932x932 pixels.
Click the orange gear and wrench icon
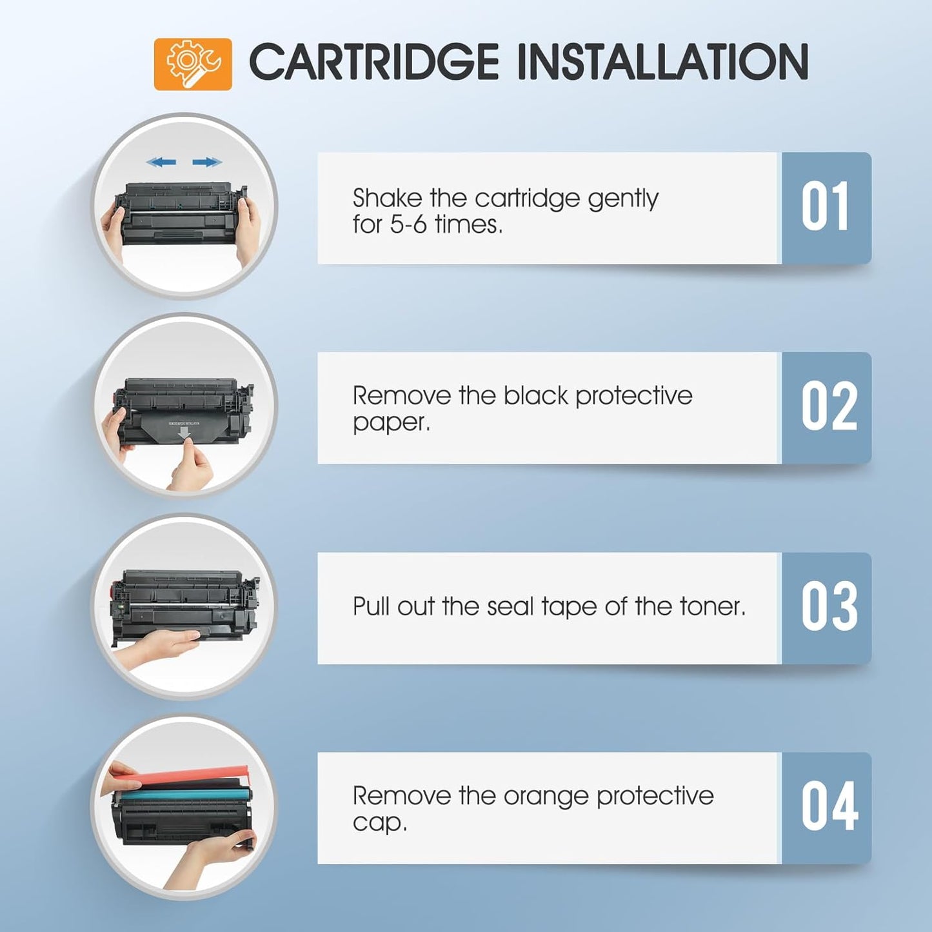click(193, 64)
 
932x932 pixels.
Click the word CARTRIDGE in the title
click(373, 63)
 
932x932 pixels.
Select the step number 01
click(826, 208)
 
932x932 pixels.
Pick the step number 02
click(829, 407)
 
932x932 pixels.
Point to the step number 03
click(829, 607)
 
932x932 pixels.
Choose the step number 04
click(829, 807)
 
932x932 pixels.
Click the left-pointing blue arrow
click(161, 162)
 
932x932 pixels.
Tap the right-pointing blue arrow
click(207, 162)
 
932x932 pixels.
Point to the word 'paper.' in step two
click(391, 423)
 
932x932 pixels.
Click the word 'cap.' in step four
click(380, 823)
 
